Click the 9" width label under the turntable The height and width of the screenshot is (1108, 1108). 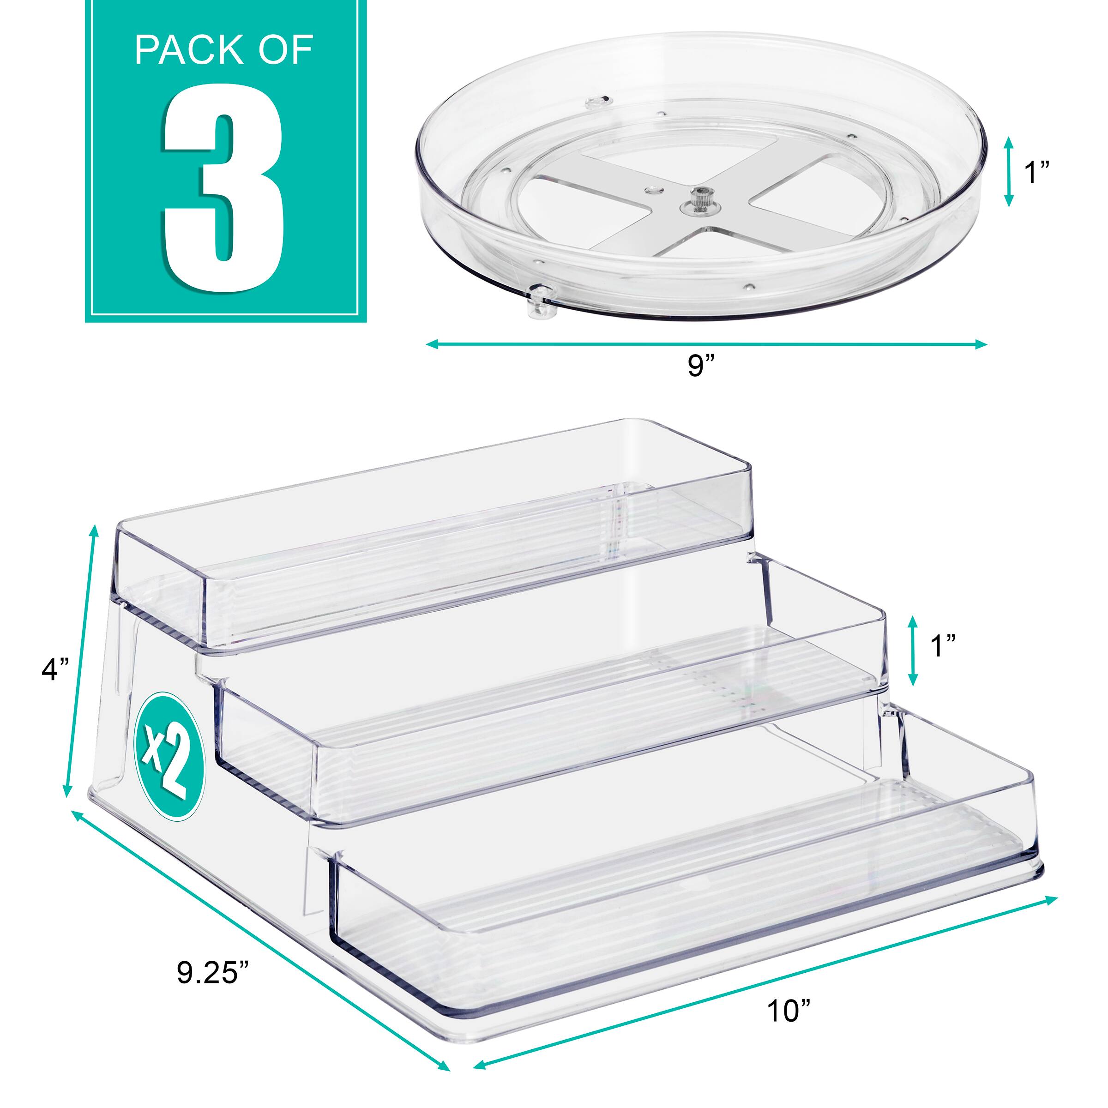tap(700, 365)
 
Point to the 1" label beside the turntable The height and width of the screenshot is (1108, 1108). tap(1037, 172)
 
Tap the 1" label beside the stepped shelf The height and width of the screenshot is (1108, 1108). tap(943, 646)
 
